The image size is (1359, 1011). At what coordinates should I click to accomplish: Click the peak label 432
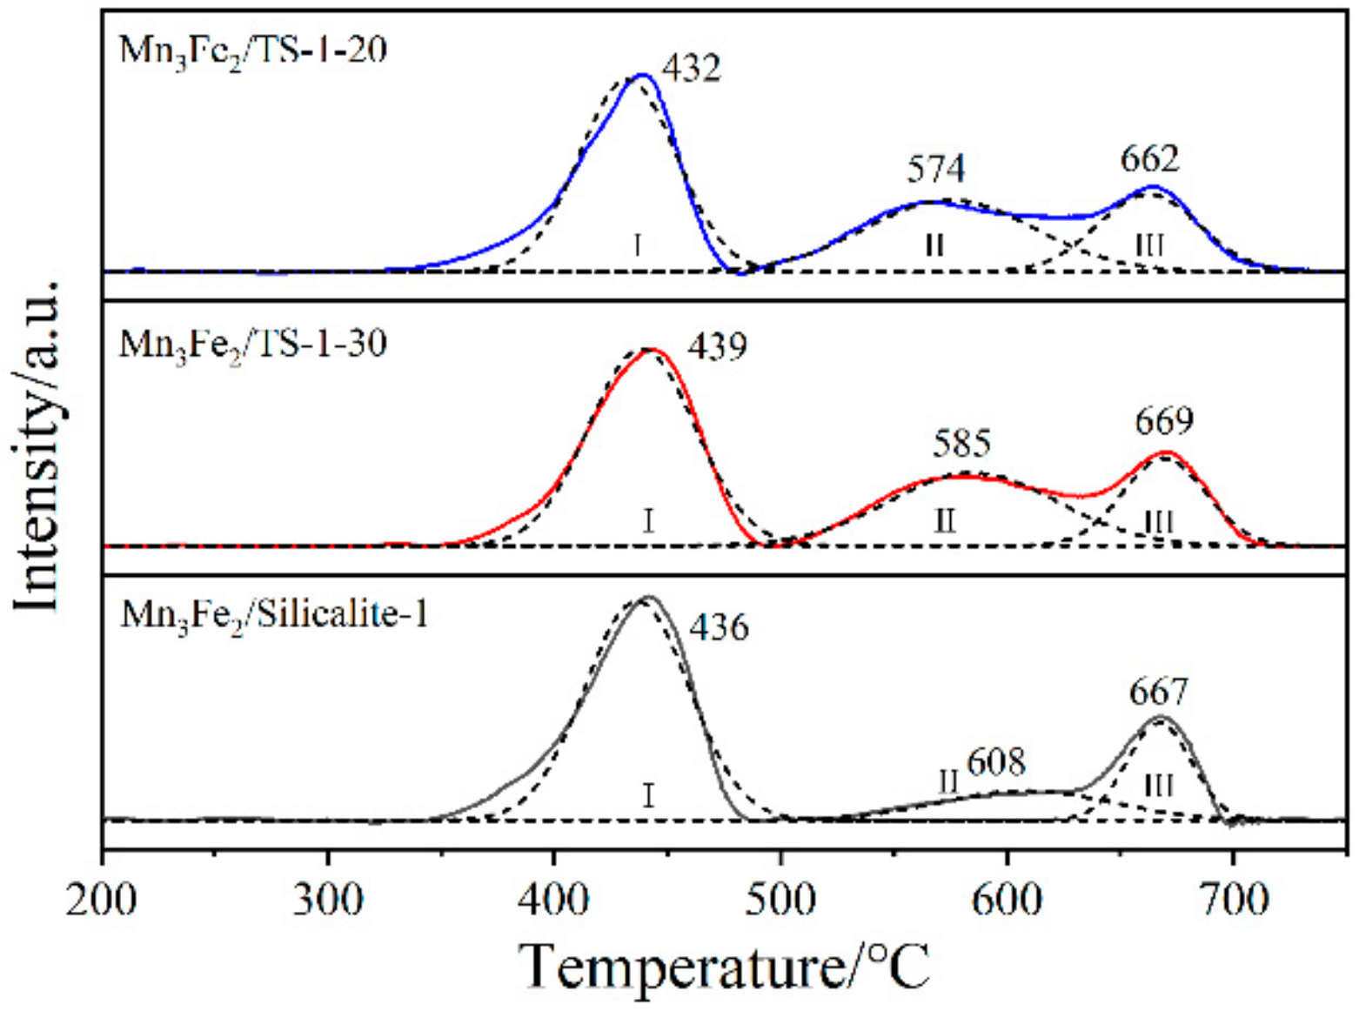click(691, 68)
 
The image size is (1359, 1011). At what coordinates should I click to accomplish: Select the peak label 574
click(935, 169)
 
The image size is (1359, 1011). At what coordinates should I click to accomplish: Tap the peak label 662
click(1149, 159)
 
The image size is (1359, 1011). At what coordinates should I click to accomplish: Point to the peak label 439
click(717, 346)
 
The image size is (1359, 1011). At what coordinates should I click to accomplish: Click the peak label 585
click(961, 444)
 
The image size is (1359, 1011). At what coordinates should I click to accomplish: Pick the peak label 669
click(1164, 422)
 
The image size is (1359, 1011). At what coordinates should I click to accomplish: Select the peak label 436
click(719, 626)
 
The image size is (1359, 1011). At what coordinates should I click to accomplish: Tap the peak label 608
click(996, 762)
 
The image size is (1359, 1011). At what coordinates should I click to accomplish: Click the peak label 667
click(1158, 693)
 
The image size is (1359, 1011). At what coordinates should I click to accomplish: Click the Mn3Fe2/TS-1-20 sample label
click(253, 50)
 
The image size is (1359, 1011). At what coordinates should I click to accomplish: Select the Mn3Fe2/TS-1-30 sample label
click(253, 345)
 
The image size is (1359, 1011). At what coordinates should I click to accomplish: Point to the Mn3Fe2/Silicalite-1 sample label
click(274, 615)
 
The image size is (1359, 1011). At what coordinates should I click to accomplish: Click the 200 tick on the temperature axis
click(103, 901)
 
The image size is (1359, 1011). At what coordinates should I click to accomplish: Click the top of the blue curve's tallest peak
click(642, 75)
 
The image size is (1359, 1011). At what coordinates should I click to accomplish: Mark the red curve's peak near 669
click(1165, 452)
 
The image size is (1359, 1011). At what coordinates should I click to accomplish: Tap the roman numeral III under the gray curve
click(1158, 787)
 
